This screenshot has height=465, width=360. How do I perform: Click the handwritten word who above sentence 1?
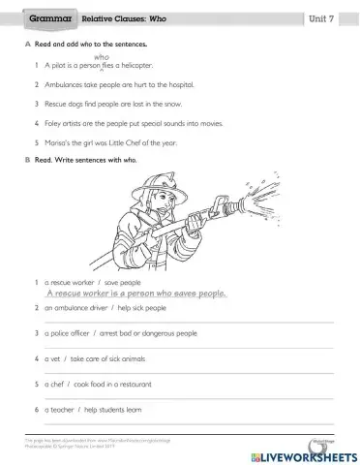pos(101,56)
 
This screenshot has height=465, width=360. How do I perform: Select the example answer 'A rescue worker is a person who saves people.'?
pos(135,294)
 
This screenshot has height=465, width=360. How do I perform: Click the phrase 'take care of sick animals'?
pos(107,358)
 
